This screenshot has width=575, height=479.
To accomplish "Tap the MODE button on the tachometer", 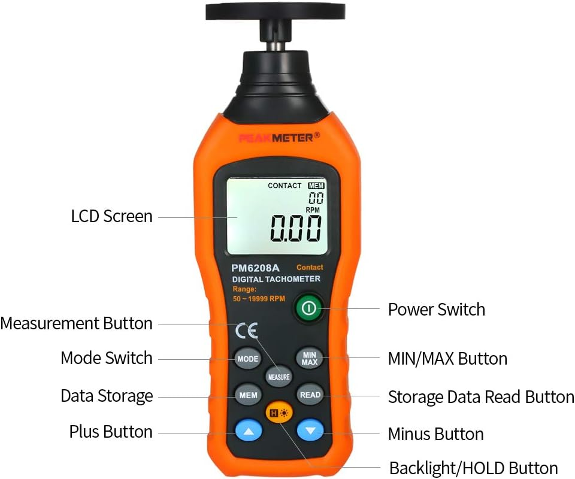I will point(247,359).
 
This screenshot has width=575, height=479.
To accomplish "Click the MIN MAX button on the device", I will point(310,359).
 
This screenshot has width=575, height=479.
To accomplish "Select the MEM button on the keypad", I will point(248,395).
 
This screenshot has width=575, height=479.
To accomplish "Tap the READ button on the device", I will point(310,395).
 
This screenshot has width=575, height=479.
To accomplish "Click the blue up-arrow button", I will point(249,431).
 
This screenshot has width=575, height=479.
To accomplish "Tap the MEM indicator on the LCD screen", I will point(316,186).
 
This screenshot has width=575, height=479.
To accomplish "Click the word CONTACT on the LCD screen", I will point(285,186).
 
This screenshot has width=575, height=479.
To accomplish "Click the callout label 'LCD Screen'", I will point(112,216).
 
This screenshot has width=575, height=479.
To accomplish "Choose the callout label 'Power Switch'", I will point(436,310).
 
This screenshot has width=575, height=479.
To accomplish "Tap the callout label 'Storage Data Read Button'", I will point(481,397).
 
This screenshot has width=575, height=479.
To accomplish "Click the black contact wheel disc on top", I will point(276,10).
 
